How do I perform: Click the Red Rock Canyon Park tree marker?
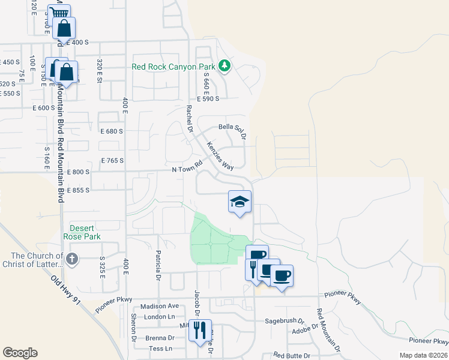224,65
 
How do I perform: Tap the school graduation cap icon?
240,202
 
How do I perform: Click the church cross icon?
71,259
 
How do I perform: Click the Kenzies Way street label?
220,156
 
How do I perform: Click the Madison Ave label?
160,306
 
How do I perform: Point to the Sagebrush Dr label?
286,321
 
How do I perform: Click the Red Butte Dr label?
291,356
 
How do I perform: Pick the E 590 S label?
208,99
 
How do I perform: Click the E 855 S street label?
78,190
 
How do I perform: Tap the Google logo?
20,353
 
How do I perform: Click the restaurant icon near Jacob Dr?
200,329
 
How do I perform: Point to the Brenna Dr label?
160,338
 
